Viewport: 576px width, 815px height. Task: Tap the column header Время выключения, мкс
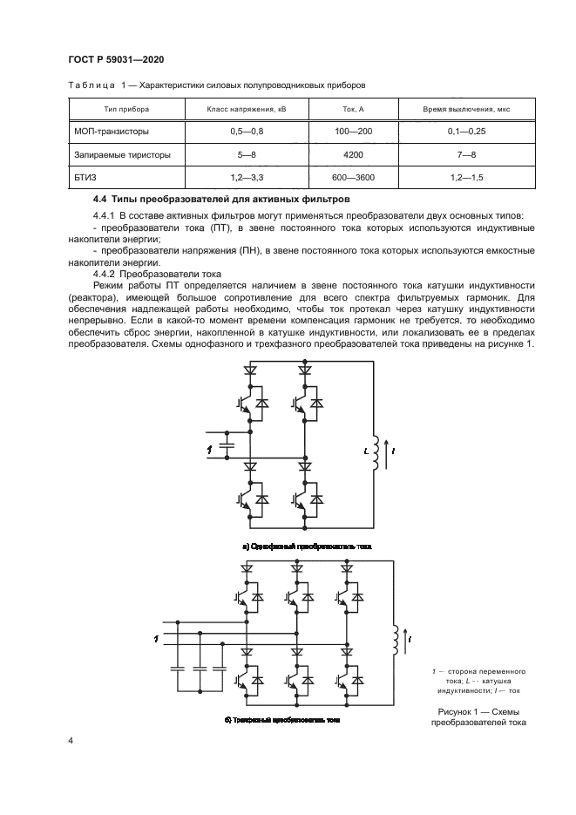click(466, 111)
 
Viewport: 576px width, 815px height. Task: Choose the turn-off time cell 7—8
click(466, 155)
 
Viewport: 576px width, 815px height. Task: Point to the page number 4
click(70, 741)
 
